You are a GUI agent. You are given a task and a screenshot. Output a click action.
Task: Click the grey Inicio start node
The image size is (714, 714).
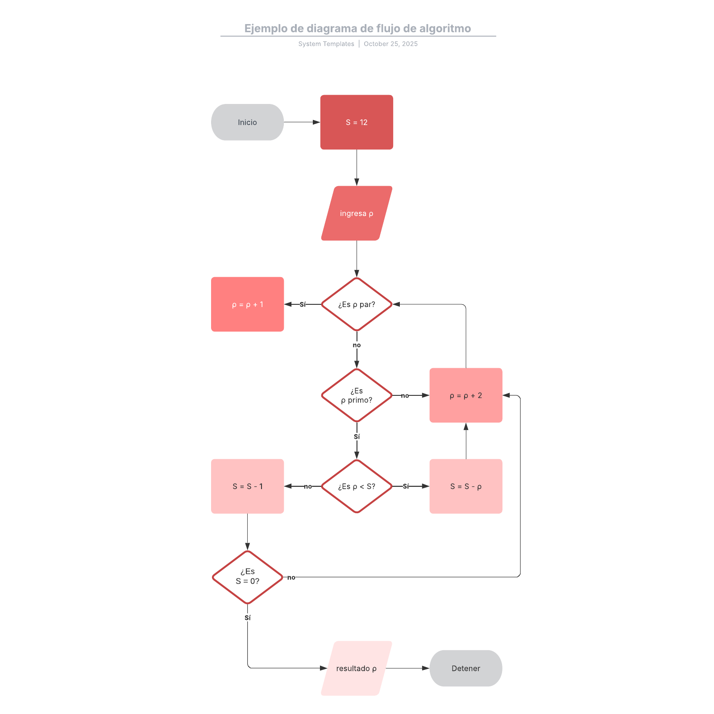tap(247, 122)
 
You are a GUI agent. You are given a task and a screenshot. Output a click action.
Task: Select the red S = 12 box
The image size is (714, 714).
tap(357, 122)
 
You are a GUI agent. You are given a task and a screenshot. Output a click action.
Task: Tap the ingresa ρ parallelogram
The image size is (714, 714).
tap(357, 213)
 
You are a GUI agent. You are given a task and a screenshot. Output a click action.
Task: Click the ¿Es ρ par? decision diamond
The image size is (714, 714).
tap(357, 304)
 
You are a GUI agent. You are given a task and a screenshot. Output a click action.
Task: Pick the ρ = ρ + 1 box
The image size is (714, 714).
tap(247, 304)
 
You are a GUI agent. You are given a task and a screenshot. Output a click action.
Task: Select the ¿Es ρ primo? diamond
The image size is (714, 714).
tap(357, 395)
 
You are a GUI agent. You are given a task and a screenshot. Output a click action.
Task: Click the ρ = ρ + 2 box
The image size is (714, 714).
tap(466, 395)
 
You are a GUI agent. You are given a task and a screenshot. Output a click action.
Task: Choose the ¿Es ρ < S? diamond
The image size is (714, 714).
tap(357, 486)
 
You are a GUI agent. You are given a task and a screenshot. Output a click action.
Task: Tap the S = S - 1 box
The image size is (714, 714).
tap(247, 486)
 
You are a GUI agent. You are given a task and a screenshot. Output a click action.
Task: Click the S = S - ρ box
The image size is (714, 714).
tap(466, 486)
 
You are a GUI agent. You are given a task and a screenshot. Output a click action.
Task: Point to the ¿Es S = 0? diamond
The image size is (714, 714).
tap(247, 577)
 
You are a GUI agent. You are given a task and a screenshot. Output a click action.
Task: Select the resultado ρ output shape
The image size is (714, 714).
tap(357, 668)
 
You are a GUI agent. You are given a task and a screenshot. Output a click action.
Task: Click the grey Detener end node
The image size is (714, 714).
tap(466, 668)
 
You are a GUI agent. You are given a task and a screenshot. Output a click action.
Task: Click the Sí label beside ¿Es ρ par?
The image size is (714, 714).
tap(303, 304)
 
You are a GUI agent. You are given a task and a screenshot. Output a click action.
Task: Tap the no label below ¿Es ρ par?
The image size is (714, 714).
tap(357, 345)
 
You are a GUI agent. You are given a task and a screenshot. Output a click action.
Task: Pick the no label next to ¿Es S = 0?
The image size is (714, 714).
tap(291, 577)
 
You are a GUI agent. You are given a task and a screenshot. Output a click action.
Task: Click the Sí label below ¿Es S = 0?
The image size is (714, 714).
tap(247, 618)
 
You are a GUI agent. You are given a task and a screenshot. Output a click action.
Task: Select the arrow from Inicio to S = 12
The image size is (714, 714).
tap(302, 122)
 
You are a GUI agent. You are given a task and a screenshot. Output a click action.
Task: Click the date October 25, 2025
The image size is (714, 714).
tap(390, 44)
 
